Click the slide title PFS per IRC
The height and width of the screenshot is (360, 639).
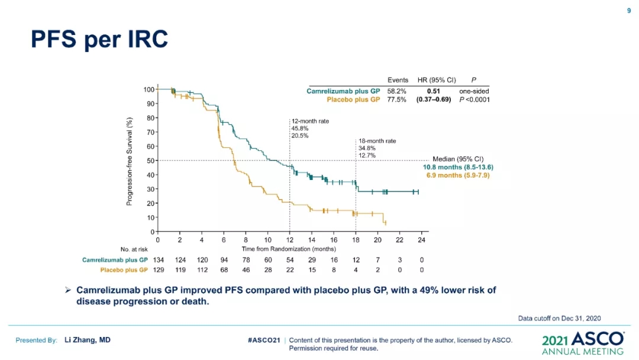click(99, 40)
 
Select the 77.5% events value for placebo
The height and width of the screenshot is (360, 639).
click(397, 99)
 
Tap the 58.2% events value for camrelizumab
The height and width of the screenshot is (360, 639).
click(397, 91)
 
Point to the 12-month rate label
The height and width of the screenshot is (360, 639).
click(310, 121)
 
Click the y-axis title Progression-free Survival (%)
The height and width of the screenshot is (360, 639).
click(129, 160)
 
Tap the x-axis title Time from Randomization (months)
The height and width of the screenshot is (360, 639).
click(289, 249)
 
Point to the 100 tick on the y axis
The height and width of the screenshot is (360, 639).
click(149, 89)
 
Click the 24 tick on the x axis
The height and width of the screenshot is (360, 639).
click(421, 240)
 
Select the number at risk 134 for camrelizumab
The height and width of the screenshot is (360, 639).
click(158, 260)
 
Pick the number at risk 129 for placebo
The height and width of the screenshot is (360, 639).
click(158, 270)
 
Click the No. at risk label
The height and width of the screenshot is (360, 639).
click(134, 249)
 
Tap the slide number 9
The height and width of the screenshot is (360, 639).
click(629, 10)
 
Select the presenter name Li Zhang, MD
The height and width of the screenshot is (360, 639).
click(88, 340)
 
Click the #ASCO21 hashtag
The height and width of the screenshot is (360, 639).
click(264, 340)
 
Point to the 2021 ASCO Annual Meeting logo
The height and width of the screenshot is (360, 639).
click(583, 343)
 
